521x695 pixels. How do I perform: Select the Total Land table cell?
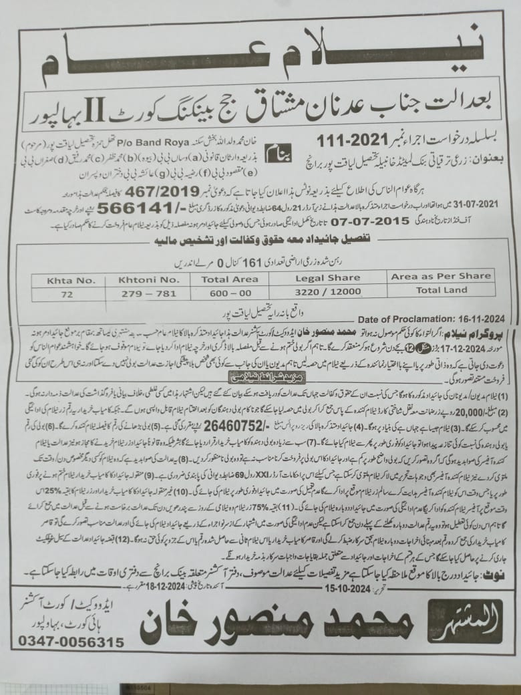pos(440,291)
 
